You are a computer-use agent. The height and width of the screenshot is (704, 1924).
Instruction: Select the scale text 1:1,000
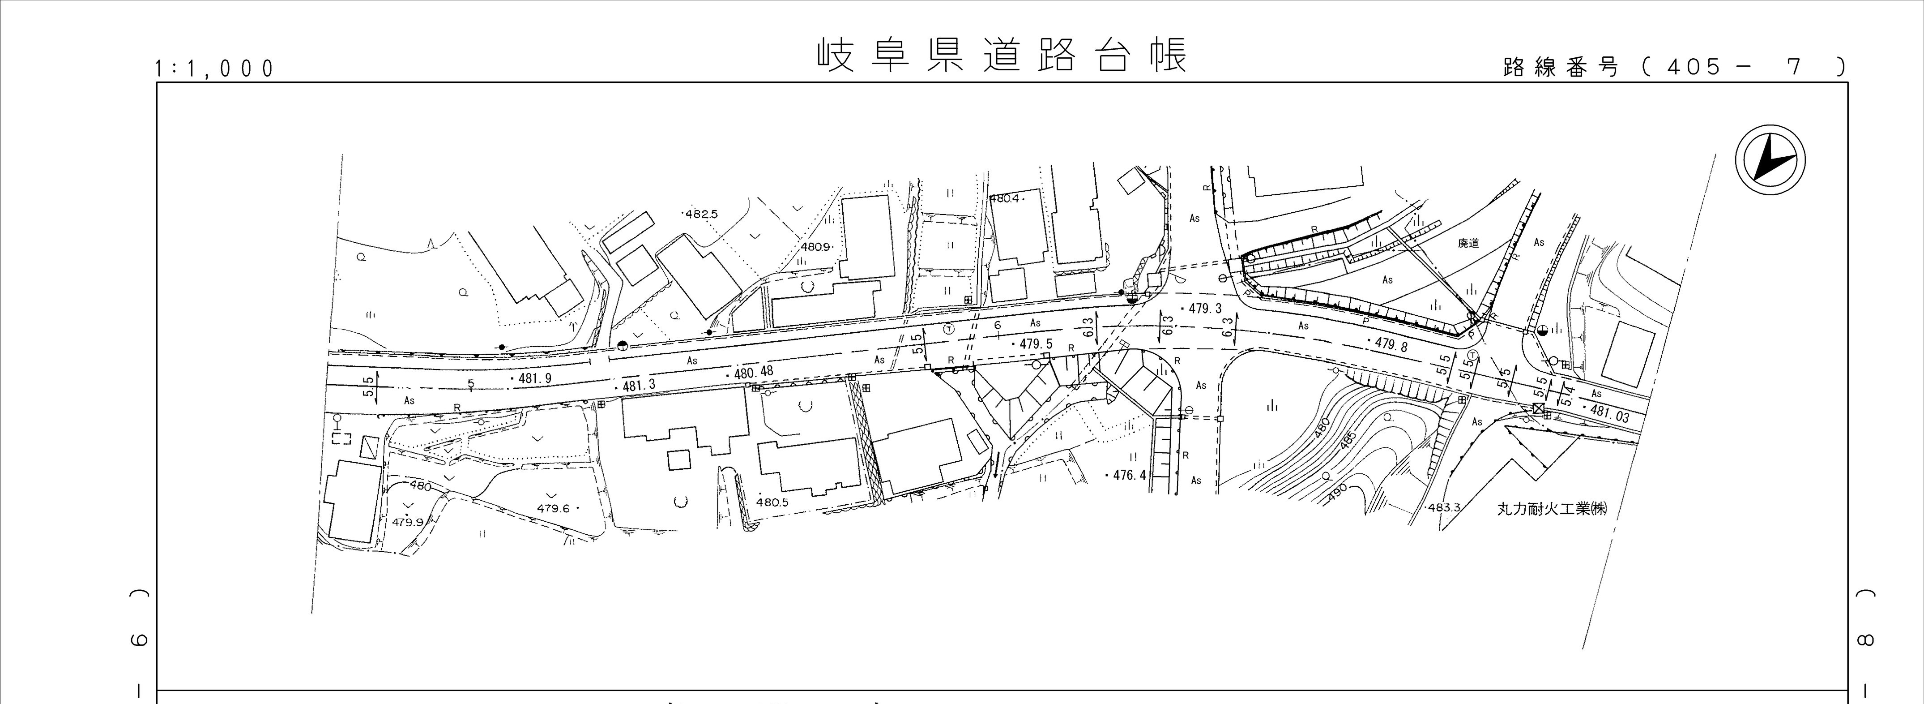pyautogui.click(x=214, y=69)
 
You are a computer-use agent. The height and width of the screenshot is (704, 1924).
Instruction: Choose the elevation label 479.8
pyautogui.click(x=1388, y=344)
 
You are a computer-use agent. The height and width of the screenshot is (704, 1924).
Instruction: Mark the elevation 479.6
pyautogui.click(x=553, y=509)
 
